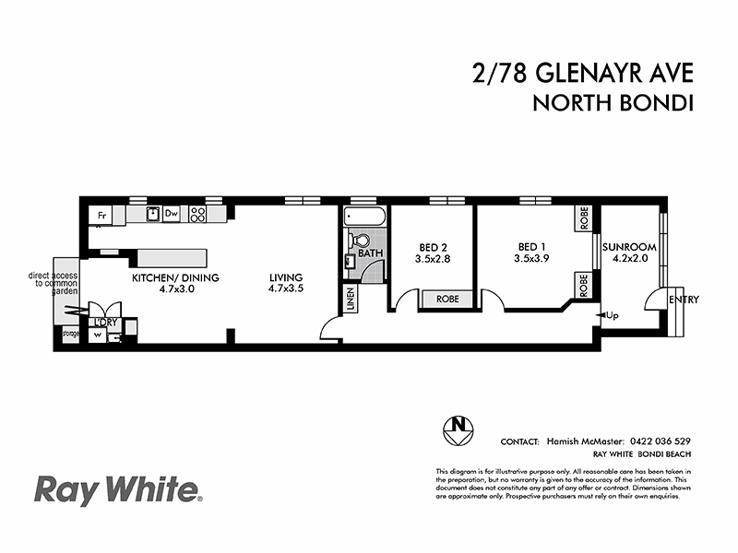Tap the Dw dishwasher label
click(171, 214)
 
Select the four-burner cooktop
click(197, 214)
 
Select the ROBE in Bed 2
click(446, 299)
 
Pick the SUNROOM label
click(629, 247)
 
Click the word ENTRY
click(684, 300)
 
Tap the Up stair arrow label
click(611, 316)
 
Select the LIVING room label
click(286, 276)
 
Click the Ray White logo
click(116, 489)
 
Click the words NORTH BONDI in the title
click(613, 103)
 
